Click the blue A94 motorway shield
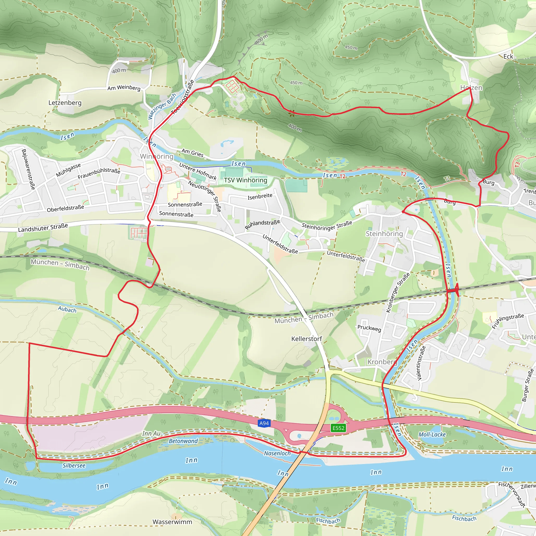pyautogui.click(x=264, y=423)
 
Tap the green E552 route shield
pyautogui.click(x=338, y=428)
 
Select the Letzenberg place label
pyautogui.click(x=65, y=103)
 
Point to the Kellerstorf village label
pyautogui.click(x=306, y=339)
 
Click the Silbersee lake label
pyautogui.click(x=74, y=466)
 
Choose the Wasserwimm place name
pyautogui.click(x=172, y=522)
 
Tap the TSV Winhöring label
pyautogui.click(x=245, y=180)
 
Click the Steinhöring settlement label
pyautogui.click(x=384, y=234)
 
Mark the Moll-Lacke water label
pyautogui.click(x=432, y=434)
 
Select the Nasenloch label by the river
pyautogui.click(x=277, y=453)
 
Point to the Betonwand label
pyautogui.click(x=183, y=441)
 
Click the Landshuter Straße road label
pyautogui.click(x=43, y=227)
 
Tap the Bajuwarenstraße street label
pyautogui.click(x=28, y=169)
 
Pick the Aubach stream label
pyautogui.click(x=67, y=309)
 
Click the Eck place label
pyautogui.click(x=508, y=57)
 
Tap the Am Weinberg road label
pyautogui.click(x=124, y=88)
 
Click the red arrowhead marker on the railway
pyautogui.click(x=456, y=290)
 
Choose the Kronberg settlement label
pyautogui.click(x=382, y=362)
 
